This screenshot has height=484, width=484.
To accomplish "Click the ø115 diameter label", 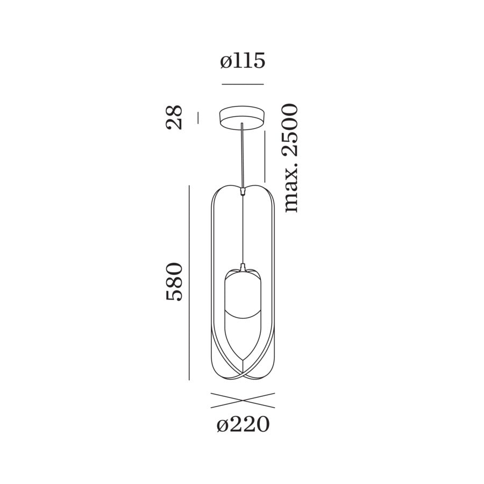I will click(243, 61).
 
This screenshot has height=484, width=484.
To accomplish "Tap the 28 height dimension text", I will click(174, 118).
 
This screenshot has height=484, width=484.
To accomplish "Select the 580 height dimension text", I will click(174, 282).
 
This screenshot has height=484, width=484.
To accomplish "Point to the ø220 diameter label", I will click(243, 425).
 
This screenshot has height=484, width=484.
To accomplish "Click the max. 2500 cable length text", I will click(290, 158).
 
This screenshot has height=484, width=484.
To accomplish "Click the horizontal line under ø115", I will click(243, 84).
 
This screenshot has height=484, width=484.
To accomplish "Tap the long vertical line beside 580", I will click(189, 282).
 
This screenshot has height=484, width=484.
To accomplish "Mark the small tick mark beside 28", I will click(198, 118).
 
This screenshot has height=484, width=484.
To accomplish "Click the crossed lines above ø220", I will click(243, 400).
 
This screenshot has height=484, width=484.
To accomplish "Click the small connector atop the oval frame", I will click(244, 190).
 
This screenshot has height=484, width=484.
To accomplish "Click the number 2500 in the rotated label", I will click(290, 130).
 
